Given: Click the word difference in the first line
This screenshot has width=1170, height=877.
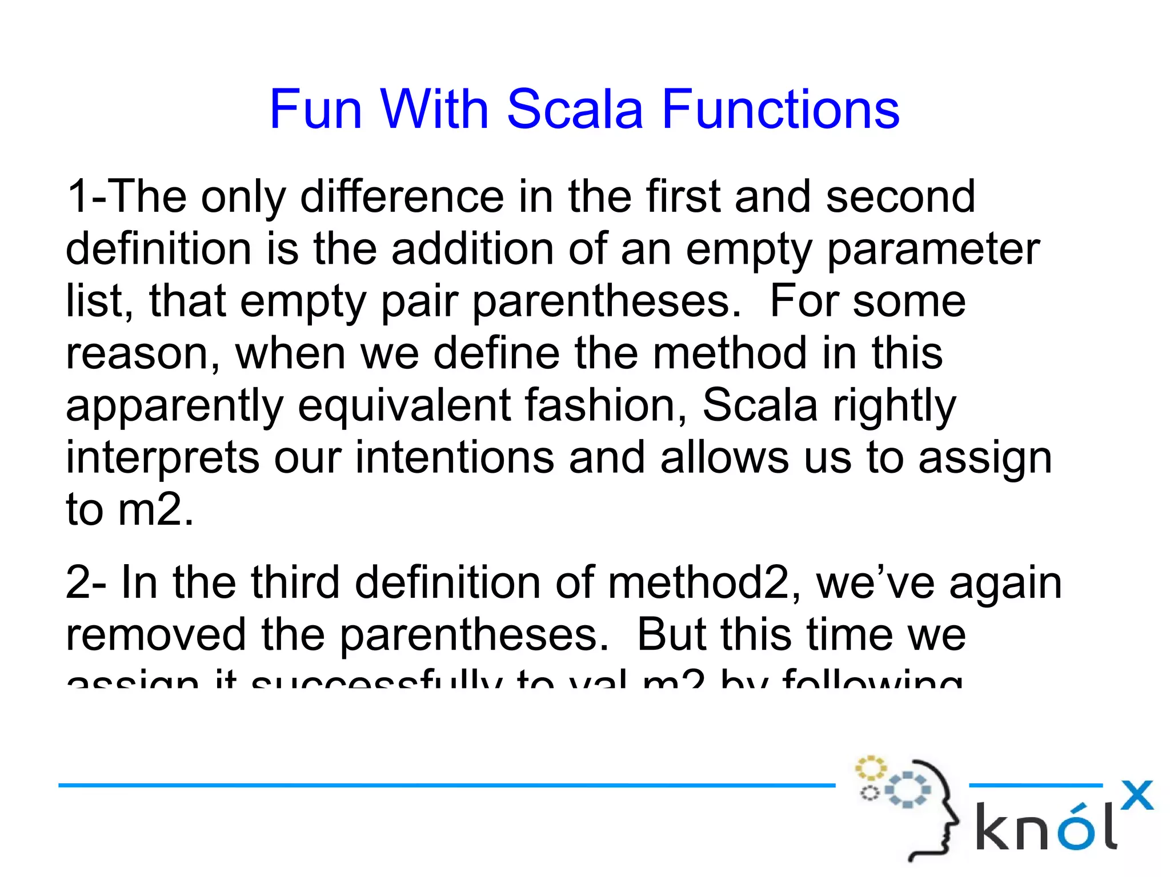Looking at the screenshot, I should pyautogui.click(x=402, y=197).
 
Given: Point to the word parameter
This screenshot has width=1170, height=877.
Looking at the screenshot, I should pyautogui.click(x=933, y=250).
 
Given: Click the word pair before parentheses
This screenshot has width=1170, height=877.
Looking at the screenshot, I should pyautogui.click(x=419, y=301).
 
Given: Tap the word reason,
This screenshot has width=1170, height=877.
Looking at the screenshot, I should pyautogui.click(x=143, y=354).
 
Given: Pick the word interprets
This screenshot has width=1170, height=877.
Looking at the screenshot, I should pyautogui.click(x=162, y=458).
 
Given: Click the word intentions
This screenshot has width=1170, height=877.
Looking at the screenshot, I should pyautogui.click(x=455, y=458).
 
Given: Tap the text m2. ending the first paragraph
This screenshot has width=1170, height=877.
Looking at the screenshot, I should pyautogui.click(x=155, y=509).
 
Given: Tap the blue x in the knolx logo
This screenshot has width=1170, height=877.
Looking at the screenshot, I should pyautogui.click(x=1136, y=795).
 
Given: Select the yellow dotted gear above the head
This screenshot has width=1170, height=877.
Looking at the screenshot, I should pyautogui.click(x=870, y=768).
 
